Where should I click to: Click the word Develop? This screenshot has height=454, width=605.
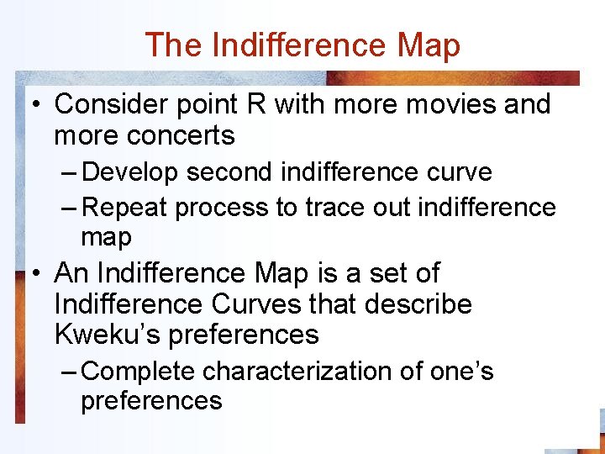click(131, 172)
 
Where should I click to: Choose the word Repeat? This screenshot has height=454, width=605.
click(127, 207)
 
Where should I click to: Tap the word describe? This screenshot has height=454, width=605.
click(418, 304)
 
